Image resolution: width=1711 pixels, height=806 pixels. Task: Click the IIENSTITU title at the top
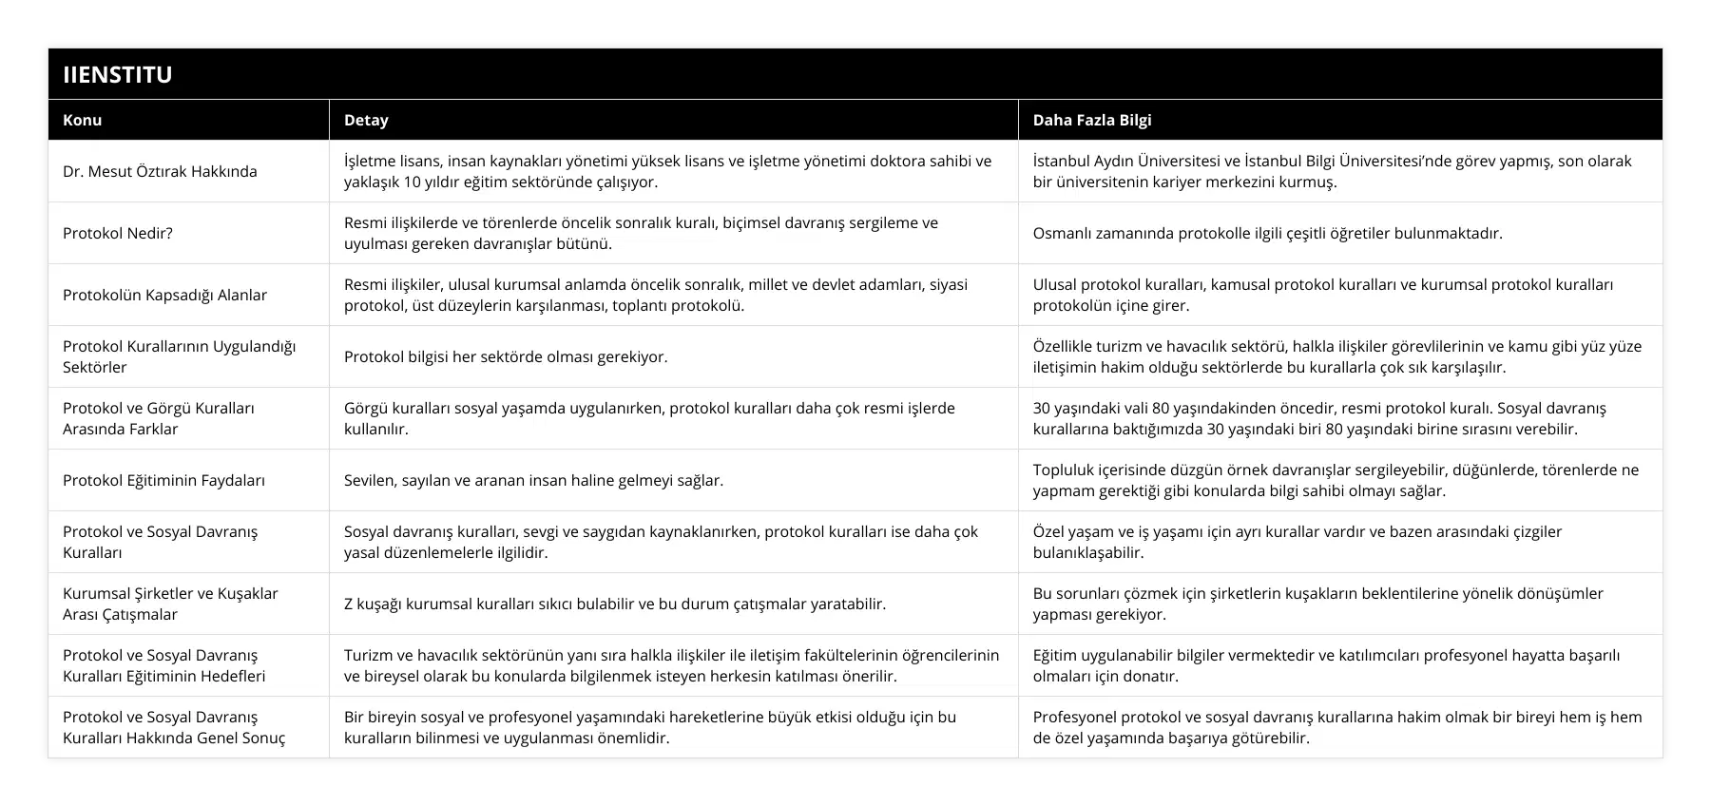coord(118,75)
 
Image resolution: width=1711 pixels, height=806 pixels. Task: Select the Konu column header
coord(83,120)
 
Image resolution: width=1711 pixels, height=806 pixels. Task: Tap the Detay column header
coord(366,120)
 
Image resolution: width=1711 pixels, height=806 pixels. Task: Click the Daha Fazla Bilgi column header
coord(1092,120)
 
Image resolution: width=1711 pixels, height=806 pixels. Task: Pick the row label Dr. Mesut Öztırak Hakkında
coord(160,171)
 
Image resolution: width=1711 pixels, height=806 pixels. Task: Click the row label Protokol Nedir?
coord(118,233)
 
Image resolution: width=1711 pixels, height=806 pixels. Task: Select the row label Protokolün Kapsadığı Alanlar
coord(164,295)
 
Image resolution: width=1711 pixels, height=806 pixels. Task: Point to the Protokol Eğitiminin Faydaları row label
coord(163,480)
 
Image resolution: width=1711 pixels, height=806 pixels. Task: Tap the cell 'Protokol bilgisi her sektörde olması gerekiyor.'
coord(506,356)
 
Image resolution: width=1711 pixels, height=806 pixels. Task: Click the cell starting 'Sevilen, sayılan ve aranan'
coord(533,480)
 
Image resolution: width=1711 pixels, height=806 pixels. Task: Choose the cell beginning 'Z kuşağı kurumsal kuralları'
coord(615,604)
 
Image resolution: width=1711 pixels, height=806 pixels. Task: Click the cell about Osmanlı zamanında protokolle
coord(1267,233)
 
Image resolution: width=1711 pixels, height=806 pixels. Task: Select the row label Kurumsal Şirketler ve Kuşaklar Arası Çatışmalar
coord(171,604)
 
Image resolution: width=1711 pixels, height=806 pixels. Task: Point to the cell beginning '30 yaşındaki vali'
coord(1319,418)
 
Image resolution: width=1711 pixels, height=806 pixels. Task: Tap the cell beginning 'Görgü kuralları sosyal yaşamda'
coord(649,418)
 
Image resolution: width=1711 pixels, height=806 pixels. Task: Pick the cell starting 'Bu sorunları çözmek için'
coord(1317,604)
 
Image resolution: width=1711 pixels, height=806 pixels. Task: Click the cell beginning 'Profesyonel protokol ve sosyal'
coord(1336,727)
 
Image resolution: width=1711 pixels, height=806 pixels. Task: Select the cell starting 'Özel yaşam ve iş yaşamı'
coord(1297,542)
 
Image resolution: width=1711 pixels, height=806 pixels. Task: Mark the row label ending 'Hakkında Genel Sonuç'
coord(174,727)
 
